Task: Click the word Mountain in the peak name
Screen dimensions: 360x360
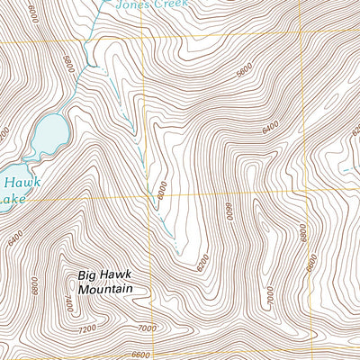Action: [x=104, y=289]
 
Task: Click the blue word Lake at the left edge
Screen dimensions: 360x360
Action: [x=7, y=200]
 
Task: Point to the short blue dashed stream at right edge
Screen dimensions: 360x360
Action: [x=351, y=168]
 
